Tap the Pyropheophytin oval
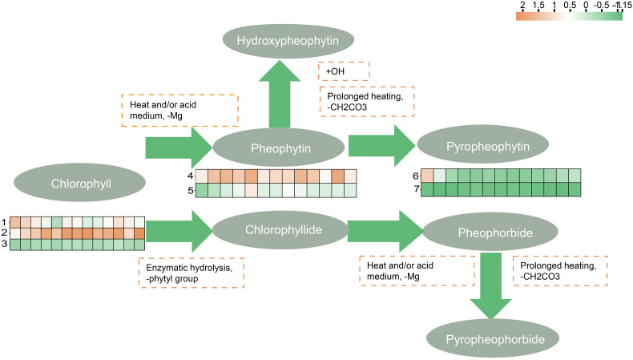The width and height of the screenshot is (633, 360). pyautogui.click(x=483, y=148)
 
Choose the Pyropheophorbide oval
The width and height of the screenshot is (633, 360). pyautogui.click(x=490, y=338)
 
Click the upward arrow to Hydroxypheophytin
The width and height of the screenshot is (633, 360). pyautogui.click(x=280, y=95)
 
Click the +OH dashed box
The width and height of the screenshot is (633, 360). pyautogui.click(x=344, y=71)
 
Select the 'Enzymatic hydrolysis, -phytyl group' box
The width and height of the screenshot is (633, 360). pyautogui.click(x=191, y=273)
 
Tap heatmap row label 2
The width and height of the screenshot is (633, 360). pyautogui.click(x=4, y=233)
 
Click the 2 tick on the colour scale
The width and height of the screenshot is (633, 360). pyautogui.click(x=522, y=6)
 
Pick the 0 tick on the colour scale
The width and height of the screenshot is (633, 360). pyautogui.click(x=587, y=6)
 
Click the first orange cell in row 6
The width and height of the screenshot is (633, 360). pyautogui.click(x=427, y=176)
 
